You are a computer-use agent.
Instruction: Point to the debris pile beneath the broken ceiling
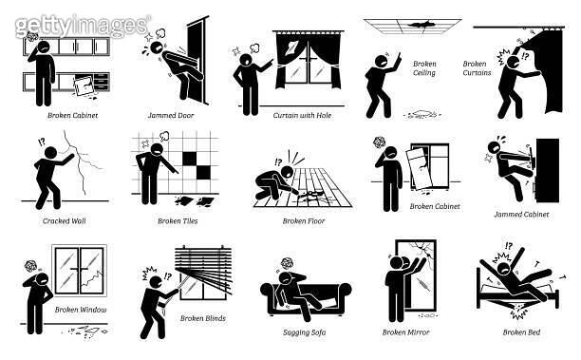tap(422, 114)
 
